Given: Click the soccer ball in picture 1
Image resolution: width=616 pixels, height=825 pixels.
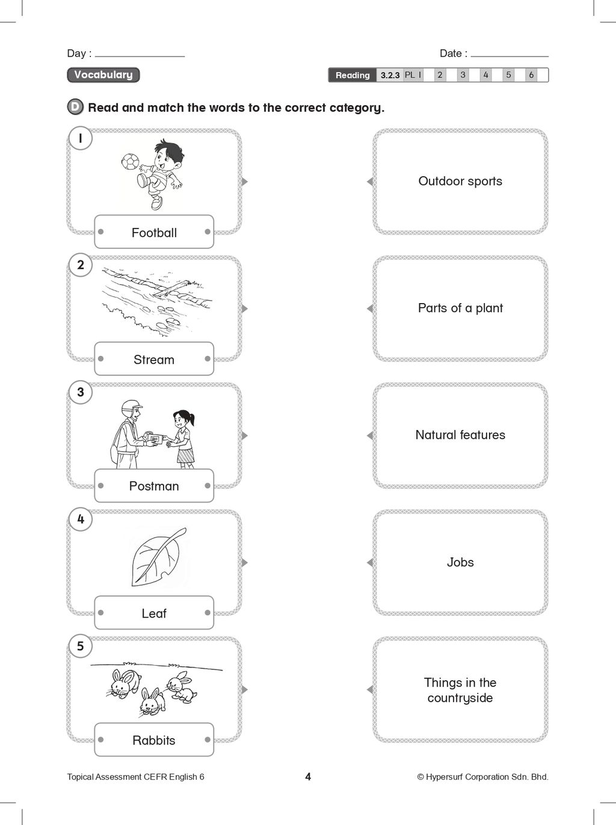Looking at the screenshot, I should tap(130, 161).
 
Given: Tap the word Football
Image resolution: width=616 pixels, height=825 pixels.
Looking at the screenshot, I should tap(154, 233).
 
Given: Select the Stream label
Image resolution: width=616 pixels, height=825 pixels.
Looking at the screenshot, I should tap(154, 360).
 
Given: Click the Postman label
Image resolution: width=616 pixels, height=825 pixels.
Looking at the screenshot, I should tap(154, 486).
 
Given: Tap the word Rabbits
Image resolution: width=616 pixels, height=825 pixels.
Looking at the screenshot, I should tap(154, 740).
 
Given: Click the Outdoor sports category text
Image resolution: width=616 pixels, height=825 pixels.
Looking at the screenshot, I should tap(460, 181).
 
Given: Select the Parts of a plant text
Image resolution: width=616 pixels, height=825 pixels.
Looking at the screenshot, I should tap(460, 308).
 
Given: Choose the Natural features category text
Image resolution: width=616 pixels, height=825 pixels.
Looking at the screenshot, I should tap(460, 435).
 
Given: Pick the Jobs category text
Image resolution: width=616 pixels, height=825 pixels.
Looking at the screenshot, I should tap(460, 562).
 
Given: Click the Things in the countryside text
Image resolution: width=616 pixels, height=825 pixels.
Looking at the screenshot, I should tap(460, 690).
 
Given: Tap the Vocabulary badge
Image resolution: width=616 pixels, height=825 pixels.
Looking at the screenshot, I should tap(103, 75).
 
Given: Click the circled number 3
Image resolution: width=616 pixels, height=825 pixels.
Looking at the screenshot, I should tap(81, 392).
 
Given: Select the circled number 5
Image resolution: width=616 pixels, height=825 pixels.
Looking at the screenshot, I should tap(81, 646).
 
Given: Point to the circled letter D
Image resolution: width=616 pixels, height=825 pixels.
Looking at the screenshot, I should tap(75, 107).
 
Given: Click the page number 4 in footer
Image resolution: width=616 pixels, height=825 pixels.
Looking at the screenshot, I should tap(308, 776).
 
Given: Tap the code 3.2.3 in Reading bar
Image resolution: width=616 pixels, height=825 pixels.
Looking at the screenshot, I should tap(390, 75).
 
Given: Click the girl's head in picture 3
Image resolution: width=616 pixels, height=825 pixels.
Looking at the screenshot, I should tap(182, 419).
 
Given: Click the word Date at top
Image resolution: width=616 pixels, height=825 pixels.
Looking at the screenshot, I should tap(451, 54).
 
